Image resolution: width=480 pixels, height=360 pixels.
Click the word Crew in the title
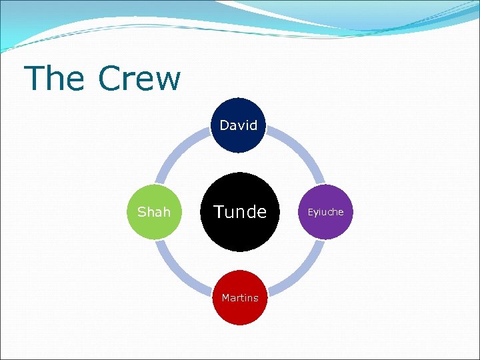[139, 79]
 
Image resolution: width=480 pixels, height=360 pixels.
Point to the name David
[239, 125]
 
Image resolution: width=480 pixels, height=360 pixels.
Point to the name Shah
[154, 212]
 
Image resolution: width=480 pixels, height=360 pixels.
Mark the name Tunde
[239, 212]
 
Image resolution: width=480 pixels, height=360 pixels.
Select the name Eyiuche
[325, 212]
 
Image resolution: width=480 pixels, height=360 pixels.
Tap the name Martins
[239, 298]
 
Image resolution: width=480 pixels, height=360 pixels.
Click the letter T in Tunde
[218, 212]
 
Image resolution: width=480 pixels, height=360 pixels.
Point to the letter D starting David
[224, 125]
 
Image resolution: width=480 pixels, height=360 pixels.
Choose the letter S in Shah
[141, 212]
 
